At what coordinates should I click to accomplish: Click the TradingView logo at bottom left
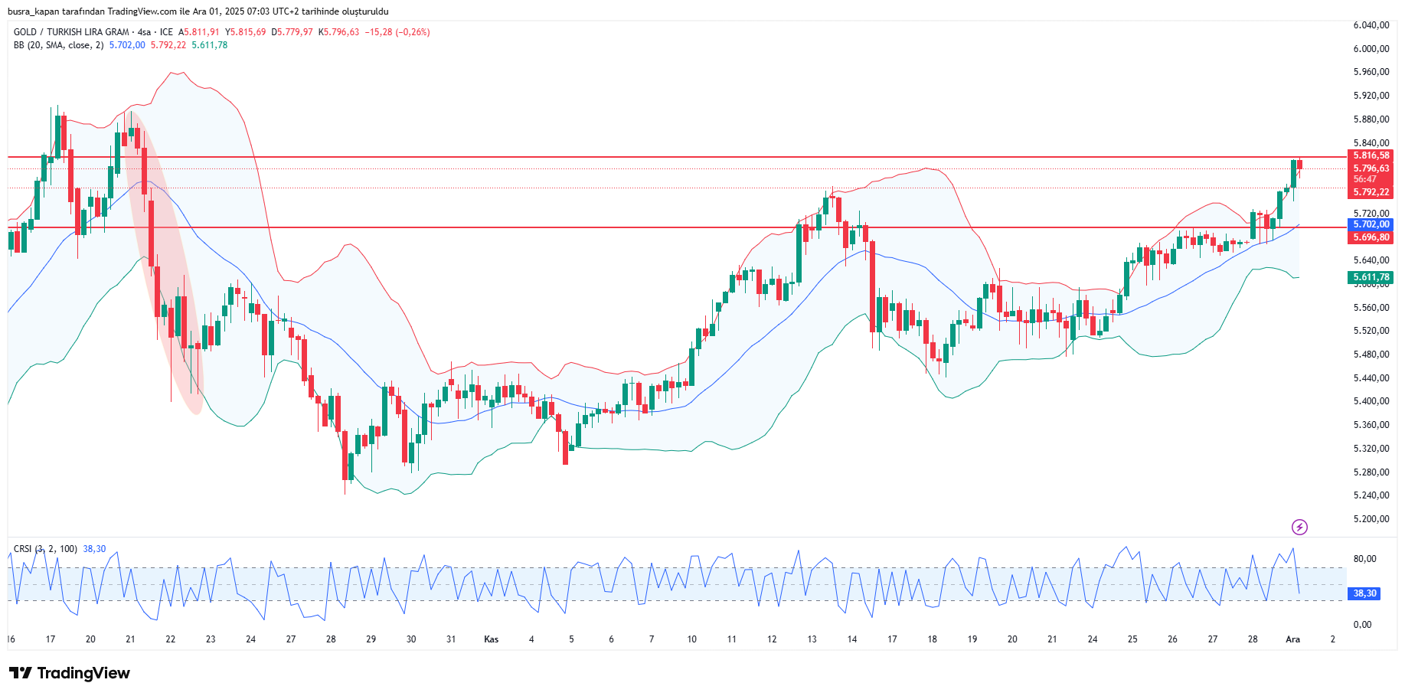click(70, 673)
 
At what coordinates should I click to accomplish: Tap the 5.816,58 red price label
click(1371, 155)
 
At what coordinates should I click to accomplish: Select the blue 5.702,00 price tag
click(1371, 224)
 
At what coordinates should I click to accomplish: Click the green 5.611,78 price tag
click(1371, 277)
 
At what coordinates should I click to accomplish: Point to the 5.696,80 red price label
click(1371, 237)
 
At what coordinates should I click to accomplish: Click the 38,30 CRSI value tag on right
click(1364, 593)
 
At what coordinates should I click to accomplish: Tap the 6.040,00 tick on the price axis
click(1371, 25)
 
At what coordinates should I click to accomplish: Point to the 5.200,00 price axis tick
click(1371, 519)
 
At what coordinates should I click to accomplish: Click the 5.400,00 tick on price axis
click(1371, 401)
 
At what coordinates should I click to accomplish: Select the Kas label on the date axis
click(492, 639)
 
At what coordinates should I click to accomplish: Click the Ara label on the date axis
click(1292, 639)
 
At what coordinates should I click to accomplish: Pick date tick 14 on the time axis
click(852, 639)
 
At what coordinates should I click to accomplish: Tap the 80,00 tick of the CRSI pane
click(1365, 559)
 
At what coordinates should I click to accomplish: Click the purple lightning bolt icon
click(1299, 527)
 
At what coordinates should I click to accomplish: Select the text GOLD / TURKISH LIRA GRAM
click(71, 32)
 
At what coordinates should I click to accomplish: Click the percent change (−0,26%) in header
click(412, 32)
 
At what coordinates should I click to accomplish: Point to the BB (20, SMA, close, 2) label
click(58, 45)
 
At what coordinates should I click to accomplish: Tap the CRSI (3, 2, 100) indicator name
click(45, 549)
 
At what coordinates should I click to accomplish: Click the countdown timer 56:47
click(1364, 179)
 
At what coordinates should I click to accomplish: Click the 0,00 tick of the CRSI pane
click(1362, 625)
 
